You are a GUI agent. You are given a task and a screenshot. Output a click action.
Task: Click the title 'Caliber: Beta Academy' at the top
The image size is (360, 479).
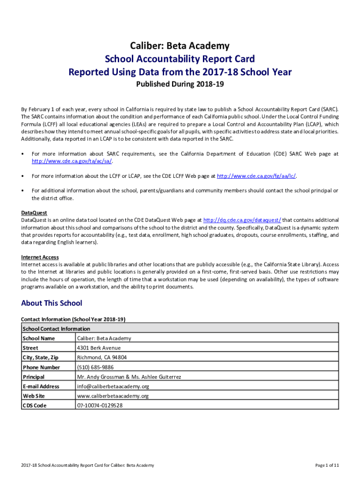click(x=180, y=46)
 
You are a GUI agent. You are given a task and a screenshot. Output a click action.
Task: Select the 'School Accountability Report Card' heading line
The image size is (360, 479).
click(x=180, y=59)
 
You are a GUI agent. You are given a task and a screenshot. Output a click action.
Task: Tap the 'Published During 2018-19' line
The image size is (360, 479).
click(x=180, y=85)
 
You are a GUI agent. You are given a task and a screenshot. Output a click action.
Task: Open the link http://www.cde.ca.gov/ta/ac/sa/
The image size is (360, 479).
click(x=72, y=161)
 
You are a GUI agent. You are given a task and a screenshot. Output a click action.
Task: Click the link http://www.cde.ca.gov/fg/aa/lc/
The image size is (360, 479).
click(x=257, y=176)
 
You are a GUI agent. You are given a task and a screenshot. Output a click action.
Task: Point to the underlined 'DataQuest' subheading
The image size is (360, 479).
click(x=34, y=213)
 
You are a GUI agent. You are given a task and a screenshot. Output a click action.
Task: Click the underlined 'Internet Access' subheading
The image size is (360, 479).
click(x=40, y=257)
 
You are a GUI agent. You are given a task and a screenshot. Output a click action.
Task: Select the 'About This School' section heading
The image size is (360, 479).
click(x=51, y=303)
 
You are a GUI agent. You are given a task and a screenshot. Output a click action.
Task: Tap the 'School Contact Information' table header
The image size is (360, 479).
click(x=56, y=329)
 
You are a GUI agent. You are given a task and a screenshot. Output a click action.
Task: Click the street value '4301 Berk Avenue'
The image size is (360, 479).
click(x=99, y=348)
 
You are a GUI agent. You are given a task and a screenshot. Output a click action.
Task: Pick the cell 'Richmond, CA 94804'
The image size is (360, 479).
click(x=101, y=357)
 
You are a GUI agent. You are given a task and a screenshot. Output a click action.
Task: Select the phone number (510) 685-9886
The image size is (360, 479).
click(x=95, y=367)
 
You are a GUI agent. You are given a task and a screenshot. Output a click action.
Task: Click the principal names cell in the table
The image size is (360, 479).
click(x=129, y=377)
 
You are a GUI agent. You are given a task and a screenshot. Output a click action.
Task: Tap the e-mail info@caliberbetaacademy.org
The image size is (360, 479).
click(x=113, y=386)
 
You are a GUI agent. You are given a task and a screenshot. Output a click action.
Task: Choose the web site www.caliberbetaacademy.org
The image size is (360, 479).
click(x=113, y=396)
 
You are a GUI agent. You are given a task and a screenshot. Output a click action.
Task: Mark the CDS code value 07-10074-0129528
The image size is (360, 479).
click(x=100, y=406)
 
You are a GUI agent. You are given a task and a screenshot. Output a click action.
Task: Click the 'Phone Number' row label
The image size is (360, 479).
click(x=41, y=367)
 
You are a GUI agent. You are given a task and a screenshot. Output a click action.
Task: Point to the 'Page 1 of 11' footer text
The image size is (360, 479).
click(x=327, y=465)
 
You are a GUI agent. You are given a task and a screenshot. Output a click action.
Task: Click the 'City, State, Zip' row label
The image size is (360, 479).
click(x=41, y=357)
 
